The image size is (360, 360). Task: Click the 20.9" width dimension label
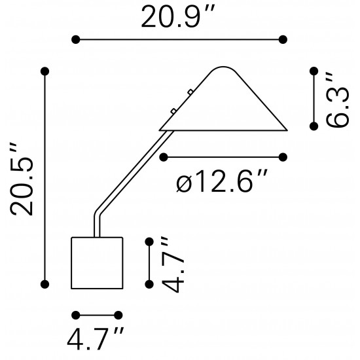coord(177,16)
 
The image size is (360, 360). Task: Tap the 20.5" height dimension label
coord(22,180)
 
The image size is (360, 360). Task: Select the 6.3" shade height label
coord(337,100)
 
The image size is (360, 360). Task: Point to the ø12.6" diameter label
coord(222,181)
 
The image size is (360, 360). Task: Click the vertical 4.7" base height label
coord(173,264)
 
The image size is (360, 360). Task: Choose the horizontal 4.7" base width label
coord(96,338)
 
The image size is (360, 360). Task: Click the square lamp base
coord(97,263)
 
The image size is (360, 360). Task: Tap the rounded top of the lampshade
coord(223,67)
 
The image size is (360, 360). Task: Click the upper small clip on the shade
coord(190,92)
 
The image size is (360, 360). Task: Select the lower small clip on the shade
coord(173,111)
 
